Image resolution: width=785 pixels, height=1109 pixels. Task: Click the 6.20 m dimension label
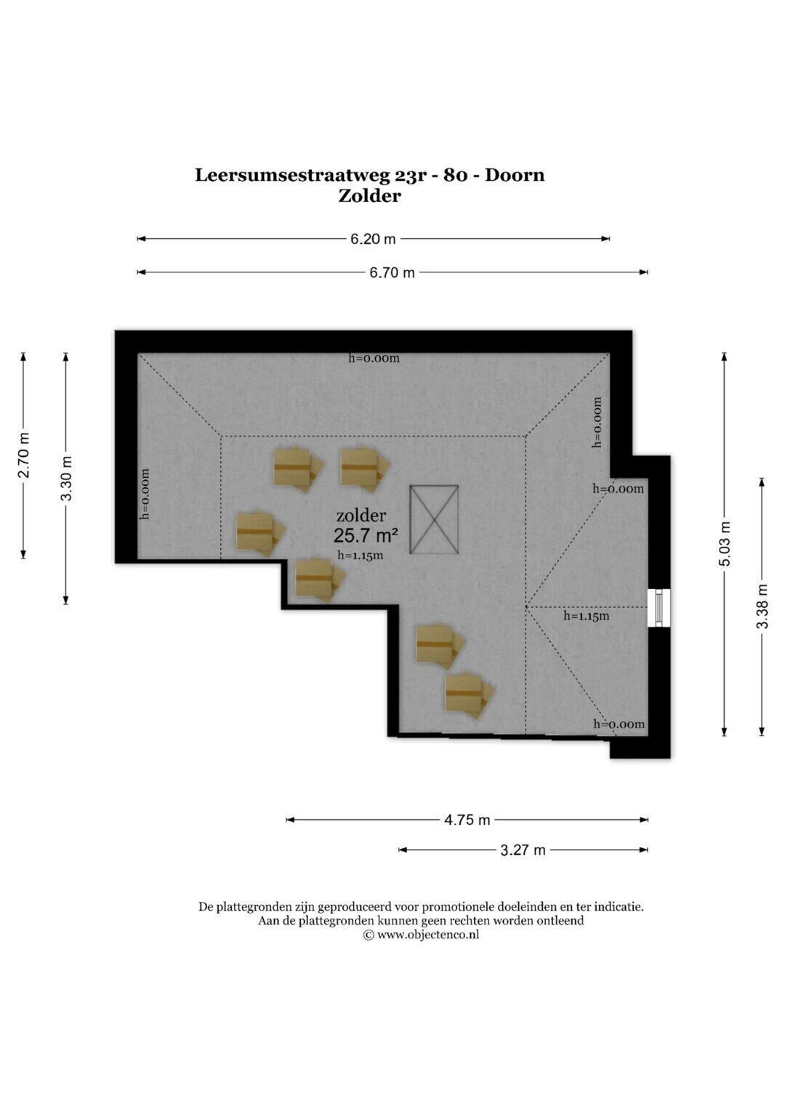(373, 239)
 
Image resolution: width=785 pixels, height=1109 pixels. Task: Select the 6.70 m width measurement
(392, 273)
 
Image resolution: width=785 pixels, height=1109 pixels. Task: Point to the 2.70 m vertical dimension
(24, 455)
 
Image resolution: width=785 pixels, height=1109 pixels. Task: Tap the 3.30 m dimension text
(66, 479)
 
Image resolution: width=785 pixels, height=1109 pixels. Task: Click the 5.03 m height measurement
(725, 544)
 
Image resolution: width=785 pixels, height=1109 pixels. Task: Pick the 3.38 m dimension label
(762, 606)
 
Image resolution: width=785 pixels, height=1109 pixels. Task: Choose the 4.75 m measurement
(467, 820)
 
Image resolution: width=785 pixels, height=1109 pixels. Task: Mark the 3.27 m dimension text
(523, 850)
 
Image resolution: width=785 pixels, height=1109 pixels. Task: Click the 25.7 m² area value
(366, 536)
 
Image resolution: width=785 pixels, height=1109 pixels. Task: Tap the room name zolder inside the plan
(361, 516)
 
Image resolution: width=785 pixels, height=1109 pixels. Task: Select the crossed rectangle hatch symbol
(434, 519)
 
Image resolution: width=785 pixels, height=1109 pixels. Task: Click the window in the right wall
(659, 608)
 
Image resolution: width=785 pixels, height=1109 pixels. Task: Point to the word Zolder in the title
(370, 196)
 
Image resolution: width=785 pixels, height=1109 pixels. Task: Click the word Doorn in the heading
(515, 175)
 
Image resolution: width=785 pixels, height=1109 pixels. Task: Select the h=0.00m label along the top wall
(374, 358)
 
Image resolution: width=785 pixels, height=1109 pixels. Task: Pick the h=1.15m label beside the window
(587, 616)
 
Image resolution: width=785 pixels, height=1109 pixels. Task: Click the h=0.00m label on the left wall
(145, 494)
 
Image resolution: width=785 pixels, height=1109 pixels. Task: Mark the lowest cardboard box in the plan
(470, 694)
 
